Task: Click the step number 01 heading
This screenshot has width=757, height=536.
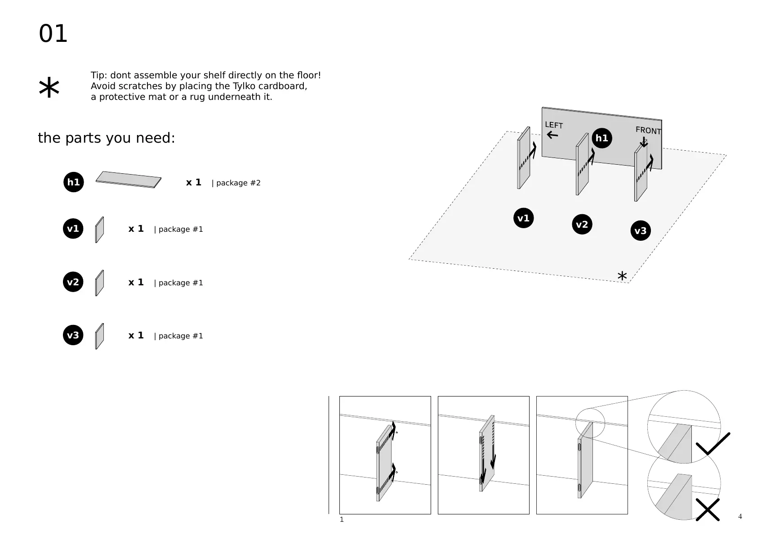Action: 53,34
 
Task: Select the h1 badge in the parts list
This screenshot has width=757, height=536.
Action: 74,182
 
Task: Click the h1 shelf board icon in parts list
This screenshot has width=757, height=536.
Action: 129,180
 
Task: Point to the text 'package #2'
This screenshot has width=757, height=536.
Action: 238,183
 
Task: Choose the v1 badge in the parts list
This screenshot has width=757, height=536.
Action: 73,229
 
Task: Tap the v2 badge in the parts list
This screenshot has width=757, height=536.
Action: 73,282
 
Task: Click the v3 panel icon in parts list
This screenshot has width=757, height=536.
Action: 99,336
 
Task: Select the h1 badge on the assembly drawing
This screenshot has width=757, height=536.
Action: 601,138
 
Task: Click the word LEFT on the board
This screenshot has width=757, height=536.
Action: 554,125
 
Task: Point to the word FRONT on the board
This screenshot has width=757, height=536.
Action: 648,131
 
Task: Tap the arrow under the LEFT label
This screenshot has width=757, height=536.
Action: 552,135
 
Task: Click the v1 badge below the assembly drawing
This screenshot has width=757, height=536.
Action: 523,218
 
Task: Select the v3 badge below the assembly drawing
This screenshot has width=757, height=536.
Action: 640,231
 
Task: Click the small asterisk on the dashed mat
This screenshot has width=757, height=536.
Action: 622,276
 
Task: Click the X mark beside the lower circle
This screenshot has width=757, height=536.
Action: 708,509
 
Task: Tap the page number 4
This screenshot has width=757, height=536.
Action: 740,517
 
